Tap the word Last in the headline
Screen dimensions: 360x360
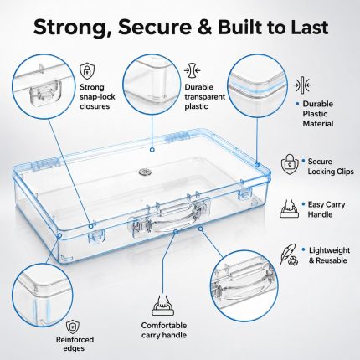(x=302, y=27)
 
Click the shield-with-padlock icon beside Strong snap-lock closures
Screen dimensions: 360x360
(x=87, y=71)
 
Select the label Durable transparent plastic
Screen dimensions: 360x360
(x=204, y=96)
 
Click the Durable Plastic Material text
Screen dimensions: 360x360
(x=318, y=114)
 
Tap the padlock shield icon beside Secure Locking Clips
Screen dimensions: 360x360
(x=290, y=164)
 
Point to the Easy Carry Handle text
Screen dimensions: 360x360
(x=327, y=209)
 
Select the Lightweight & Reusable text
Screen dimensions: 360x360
(x=329, y=255)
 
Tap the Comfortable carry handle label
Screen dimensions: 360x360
(x=164, y=330)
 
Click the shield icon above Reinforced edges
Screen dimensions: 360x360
(x=73, y=327)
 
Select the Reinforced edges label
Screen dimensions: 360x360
(x=75, y=344)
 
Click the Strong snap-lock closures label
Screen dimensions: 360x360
(x=97, y=96)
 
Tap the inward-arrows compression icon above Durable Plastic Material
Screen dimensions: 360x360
(x=302, y=85)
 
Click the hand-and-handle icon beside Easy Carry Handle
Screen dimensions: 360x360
(x=290, y=208)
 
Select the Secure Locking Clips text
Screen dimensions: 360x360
(x=331, y=167)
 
